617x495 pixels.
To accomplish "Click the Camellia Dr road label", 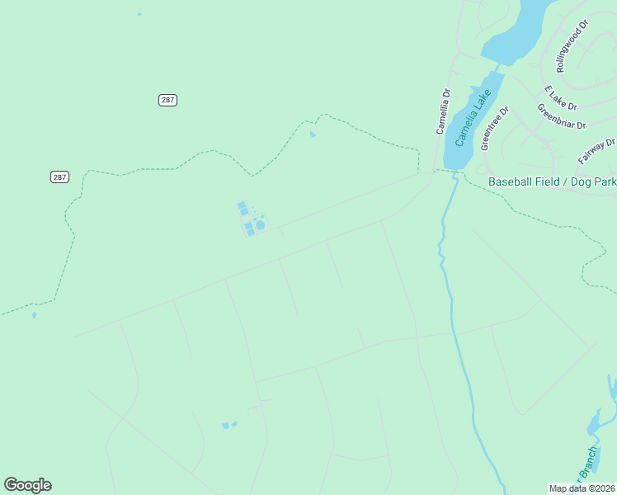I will point(445,111).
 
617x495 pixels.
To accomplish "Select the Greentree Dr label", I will point(495,127).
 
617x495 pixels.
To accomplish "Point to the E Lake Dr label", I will point(560,97).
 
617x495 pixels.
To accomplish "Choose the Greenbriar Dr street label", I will point(561,116).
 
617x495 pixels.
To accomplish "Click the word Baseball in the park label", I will point(511,181).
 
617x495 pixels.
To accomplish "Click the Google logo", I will point(27,485).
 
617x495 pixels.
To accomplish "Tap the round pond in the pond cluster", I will point(260,224).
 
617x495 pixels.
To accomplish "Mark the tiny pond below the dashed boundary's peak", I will point(312,134).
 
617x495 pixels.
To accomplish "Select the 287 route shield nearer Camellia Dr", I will point(167,100).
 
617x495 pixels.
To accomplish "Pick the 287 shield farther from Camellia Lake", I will point(59,177).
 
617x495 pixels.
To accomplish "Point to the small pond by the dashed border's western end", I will point(34,314).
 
